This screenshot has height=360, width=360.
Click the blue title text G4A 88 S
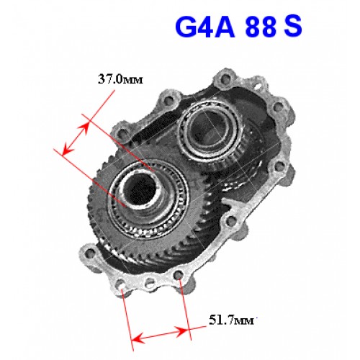click(238, 27)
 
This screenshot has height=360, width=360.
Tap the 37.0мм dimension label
click(120, 79)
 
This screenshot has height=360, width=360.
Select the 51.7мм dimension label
click(232, 320)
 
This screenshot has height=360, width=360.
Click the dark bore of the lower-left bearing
click(141, 189)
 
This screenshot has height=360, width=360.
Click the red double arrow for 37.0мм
click(75, 138)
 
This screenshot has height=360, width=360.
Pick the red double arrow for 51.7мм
click(160, 335)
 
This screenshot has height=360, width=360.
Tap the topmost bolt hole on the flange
click(225, 78)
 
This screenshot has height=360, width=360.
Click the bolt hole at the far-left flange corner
click(90, 253)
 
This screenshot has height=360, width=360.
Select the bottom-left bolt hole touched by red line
click(121, 286)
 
